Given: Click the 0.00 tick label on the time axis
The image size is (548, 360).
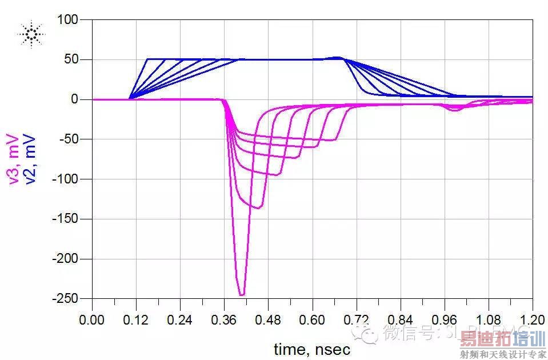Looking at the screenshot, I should [93, 319].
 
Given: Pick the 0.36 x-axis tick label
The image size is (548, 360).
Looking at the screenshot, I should [225, 319].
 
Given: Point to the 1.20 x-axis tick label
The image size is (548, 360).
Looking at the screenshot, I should [532, 319].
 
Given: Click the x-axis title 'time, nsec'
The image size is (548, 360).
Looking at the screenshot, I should [311, 348].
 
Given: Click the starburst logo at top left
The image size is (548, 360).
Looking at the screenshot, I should [31, 35].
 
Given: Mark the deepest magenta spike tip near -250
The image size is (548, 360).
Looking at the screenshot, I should [242, 295].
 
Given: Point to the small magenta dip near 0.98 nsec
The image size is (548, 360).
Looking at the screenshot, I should [454, 110].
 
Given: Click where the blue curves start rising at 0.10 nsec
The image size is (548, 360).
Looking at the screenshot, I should [130, 98].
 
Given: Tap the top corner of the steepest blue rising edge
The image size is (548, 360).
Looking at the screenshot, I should [148, 59].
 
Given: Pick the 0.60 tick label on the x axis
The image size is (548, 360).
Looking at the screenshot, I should [313, 319].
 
